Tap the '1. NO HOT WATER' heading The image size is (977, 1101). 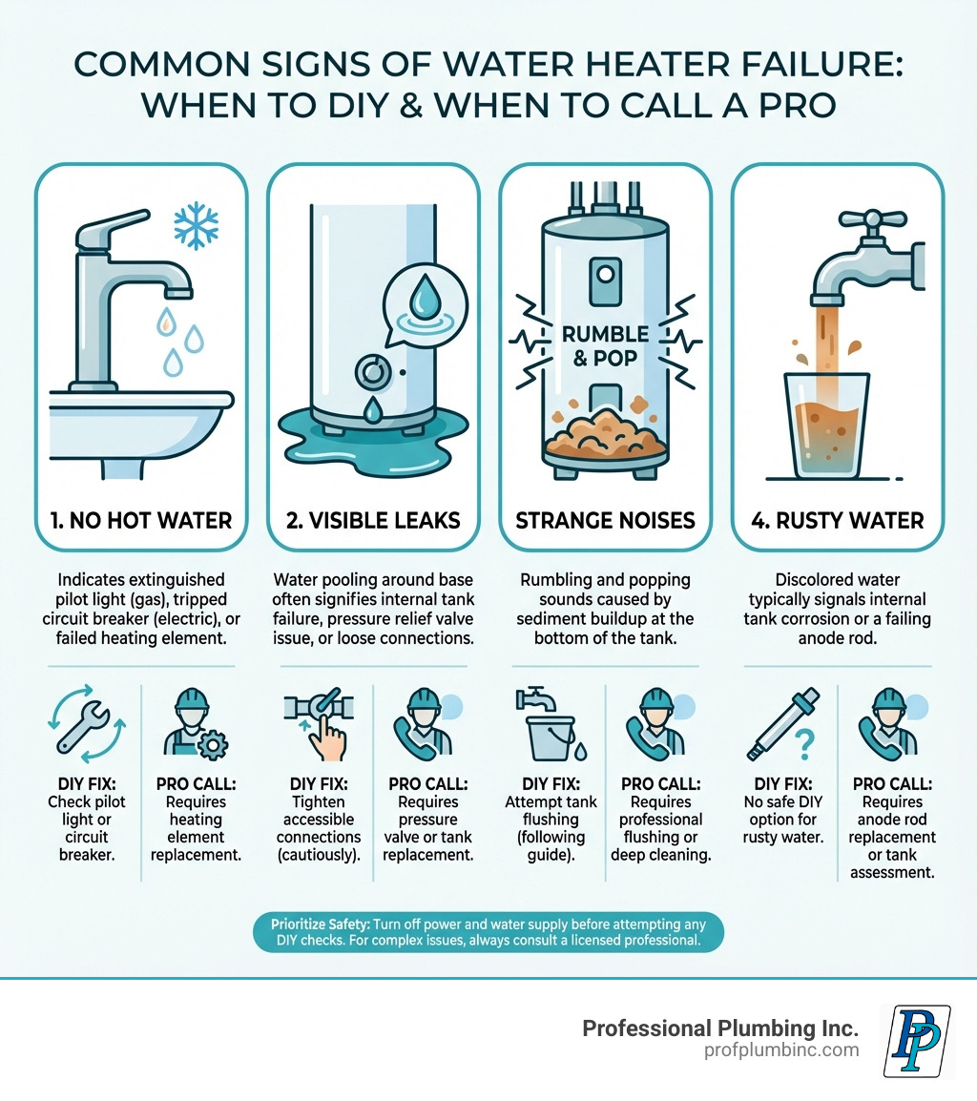click(x=141, y=520)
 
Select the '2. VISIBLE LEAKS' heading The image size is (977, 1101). click(x=373, y=520)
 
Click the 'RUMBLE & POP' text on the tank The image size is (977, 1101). click(x=606, y=345)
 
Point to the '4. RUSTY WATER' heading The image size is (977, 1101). click(x=838, y=520)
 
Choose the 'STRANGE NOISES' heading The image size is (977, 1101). click(x=606, y=520)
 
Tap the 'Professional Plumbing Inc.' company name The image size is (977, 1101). click(x=720, y=1028)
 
